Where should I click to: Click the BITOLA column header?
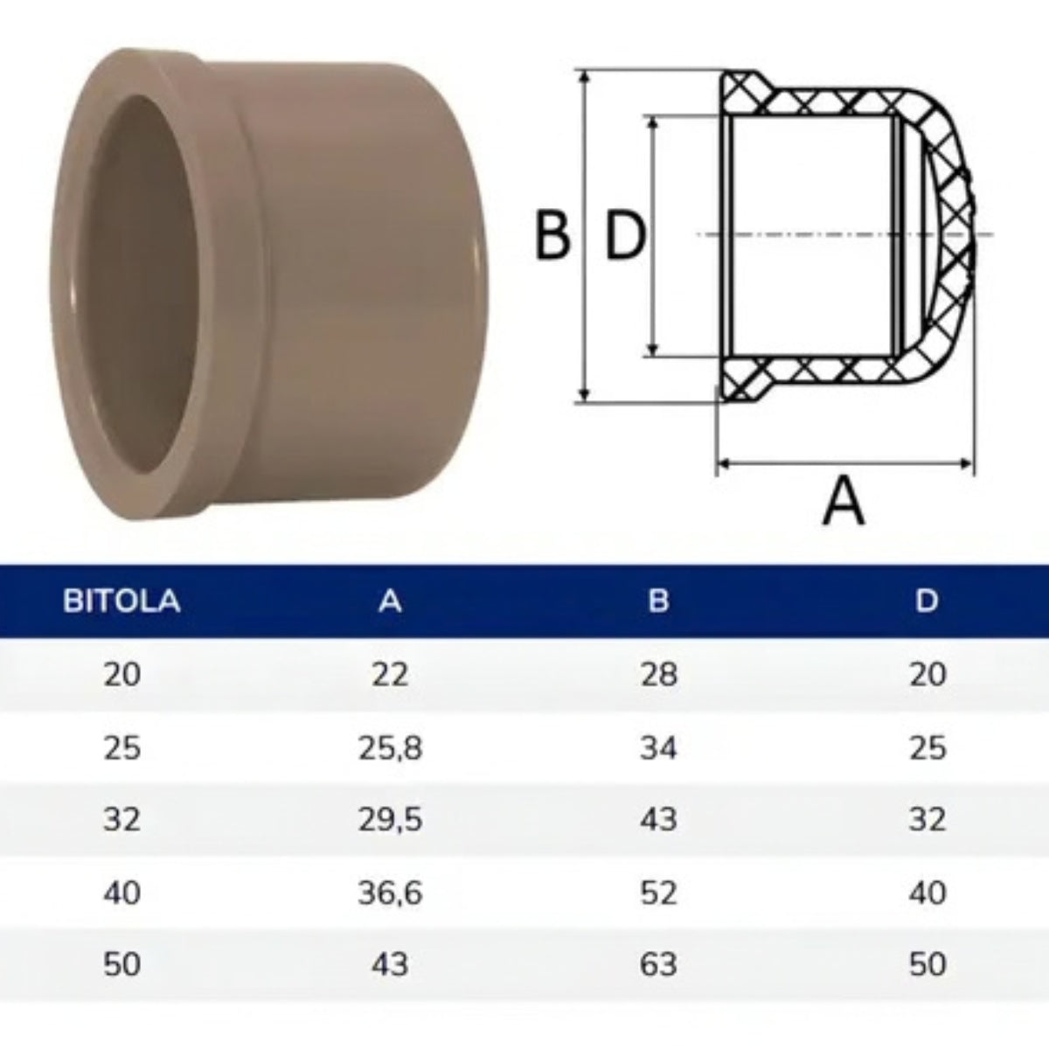tap(122, 601)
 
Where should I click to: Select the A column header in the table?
tap(390, 601)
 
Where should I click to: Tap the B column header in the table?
tap(659, 601)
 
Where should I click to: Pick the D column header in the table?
tap(927, 601)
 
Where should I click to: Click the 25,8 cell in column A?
tap(390, 748)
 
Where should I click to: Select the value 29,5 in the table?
tap(390, 820)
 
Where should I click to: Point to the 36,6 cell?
tap(390, 893)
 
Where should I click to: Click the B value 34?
tap(659, 748)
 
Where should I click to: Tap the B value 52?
tap(659, 893)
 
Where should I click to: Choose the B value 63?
tap(659, 964)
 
